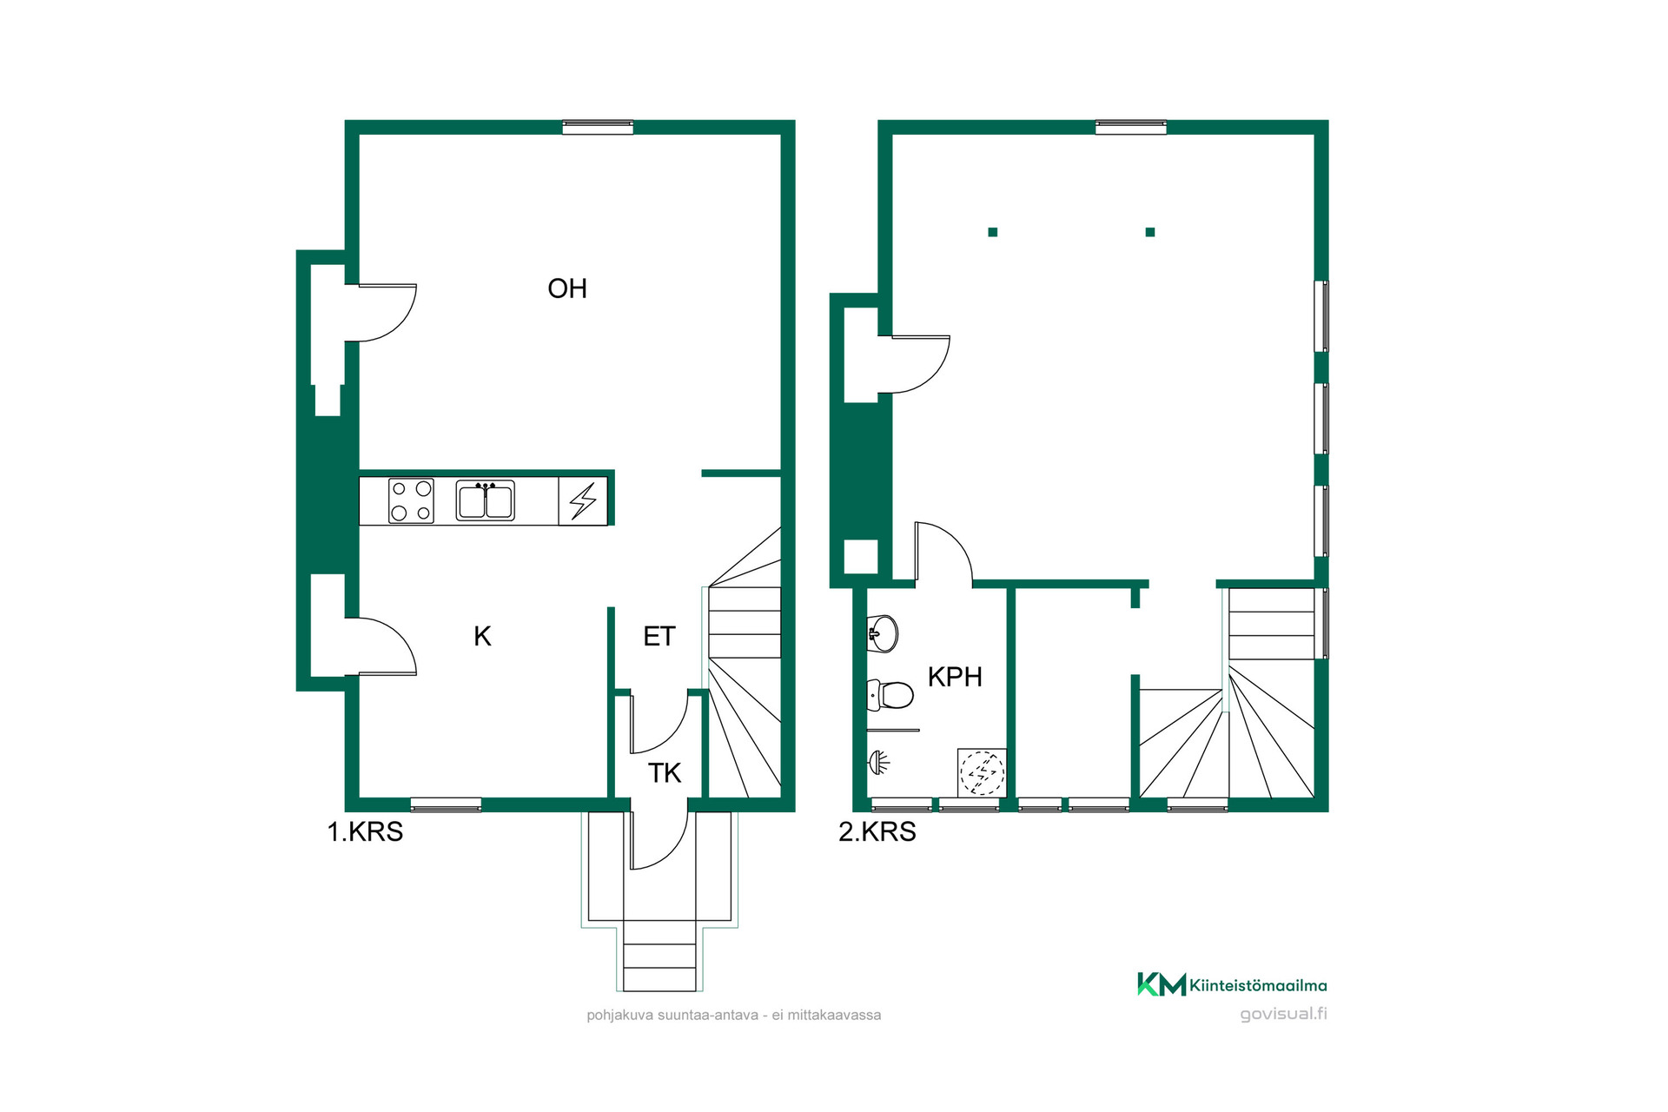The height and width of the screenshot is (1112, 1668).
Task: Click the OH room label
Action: tap(567, 288)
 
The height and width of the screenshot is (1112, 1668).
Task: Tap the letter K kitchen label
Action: tap(482, 637)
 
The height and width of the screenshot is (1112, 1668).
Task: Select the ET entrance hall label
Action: tap(659, 637)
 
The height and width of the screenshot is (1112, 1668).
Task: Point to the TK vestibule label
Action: tap(665, 773)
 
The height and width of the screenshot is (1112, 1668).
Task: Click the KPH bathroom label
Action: tap(955, 677)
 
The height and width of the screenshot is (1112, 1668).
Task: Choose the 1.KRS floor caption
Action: tap(365, 832)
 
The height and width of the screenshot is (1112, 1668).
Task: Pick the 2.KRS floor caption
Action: tap(877, 832)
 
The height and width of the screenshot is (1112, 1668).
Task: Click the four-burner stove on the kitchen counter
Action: tap(411, 500)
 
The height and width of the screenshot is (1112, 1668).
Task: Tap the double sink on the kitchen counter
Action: tap(486, 501)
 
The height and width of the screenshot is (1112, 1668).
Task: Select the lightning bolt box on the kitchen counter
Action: tap(583, 500)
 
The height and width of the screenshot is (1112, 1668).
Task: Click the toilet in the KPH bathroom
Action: tap(890, 694)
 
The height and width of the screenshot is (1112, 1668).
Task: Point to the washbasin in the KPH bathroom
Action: tap(882, 633)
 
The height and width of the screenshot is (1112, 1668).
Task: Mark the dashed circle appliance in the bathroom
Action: tap(982, 772)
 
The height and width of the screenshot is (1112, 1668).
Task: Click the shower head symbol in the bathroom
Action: tap(879, 763)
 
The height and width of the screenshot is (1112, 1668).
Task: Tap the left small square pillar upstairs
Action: tap(993, 232)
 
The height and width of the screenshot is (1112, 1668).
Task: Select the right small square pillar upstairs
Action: tap(1150, 232)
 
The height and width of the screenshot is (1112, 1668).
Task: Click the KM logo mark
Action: tap(1162, 984)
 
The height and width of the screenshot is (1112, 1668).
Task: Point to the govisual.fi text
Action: tap(1283, 1014)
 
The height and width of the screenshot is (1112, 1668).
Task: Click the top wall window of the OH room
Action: tap(598, 127)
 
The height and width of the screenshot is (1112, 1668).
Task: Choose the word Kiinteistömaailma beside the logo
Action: tap(1258, 985)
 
